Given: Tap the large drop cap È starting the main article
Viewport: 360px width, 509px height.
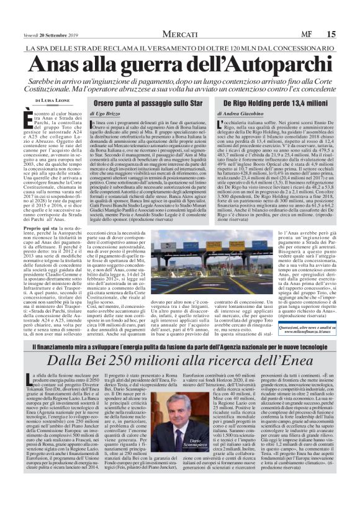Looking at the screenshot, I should click(27, 117).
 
